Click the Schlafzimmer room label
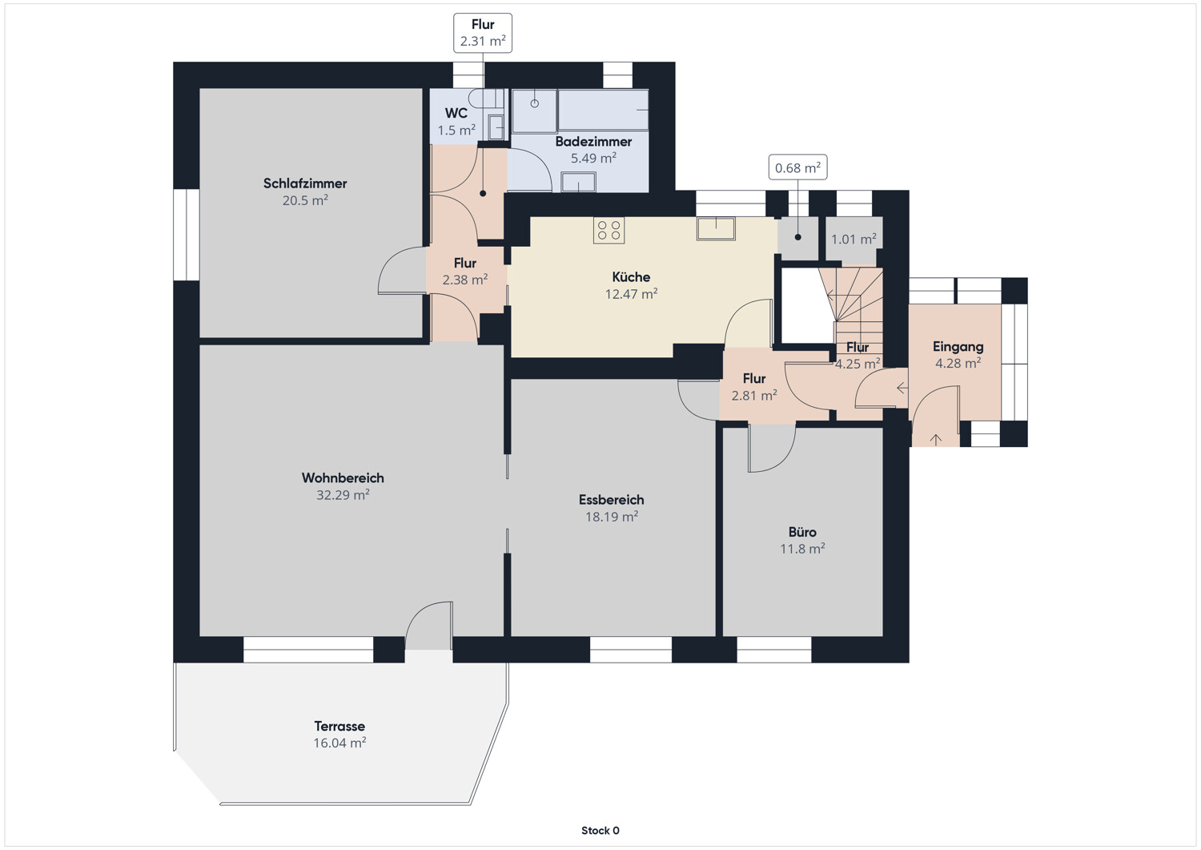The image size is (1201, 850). coord(305,183)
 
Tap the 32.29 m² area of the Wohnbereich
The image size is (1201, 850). coord(343,495)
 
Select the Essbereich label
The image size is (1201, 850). coord(611,500)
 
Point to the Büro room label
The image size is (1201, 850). coord(802,532)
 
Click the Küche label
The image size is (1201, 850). coord(631,277)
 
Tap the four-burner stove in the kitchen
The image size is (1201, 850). coord(609,230)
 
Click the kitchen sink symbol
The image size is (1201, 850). coord(716,228)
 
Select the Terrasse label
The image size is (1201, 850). coord(339,726)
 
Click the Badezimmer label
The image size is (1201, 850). coord(593,142)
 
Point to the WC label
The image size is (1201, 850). coord(456,113)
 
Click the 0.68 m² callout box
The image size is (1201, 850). coord(797,167)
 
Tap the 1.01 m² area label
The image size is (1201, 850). coord(854,240)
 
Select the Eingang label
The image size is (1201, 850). coord(958,347)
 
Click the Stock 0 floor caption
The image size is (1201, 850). coord(600,830)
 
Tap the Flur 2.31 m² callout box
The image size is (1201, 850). coord(483,33)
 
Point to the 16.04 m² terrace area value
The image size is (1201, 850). coord(339,743)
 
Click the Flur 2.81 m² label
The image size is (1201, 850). coord(754,387)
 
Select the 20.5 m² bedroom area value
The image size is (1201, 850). coord(305,201)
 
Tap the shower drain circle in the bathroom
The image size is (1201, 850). coord(535,103)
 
